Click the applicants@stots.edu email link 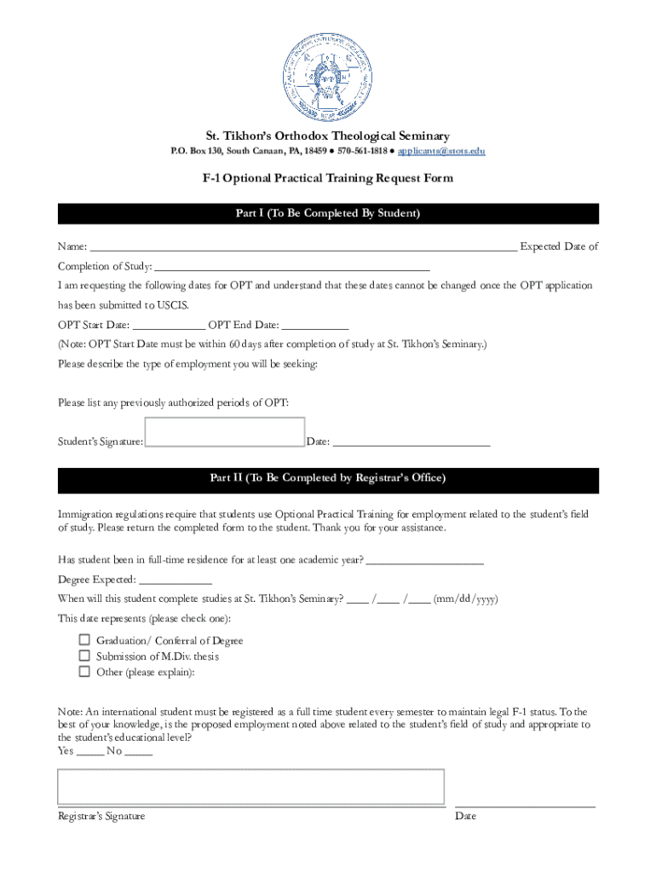441,151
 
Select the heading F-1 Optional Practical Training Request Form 328,178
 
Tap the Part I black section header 328,213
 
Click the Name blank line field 302,248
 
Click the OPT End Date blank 314,326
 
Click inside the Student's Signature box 225,432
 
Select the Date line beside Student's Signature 411,442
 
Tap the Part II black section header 328,478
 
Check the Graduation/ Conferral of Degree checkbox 84,640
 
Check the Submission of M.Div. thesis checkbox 84,656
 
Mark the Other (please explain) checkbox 84,671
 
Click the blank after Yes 90,752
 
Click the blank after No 139,752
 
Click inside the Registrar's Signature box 250,786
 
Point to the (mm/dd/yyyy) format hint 466,598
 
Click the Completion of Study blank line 292,267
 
